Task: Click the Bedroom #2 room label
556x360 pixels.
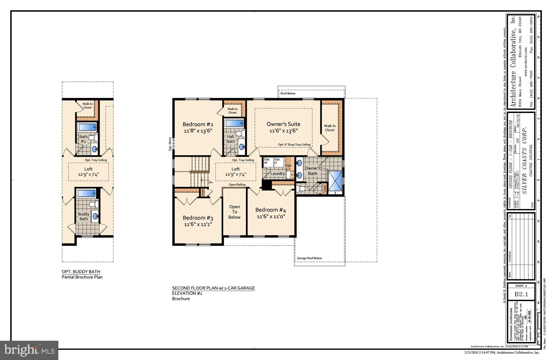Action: (x=198, y=124)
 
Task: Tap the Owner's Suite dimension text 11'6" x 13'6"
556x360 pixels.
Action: (x=283, y=131)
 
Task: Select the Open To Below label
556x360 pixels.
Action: (x=234, y=212)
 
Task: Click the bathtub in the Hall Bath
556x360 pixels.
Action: (x=234, y=123)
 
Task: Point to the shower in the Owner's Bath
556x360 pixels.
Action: (x=336, y=181)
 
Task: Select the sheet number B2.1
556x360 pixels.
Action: (x=521, y=294)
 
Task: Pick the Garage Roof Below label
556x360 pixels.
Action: (x=309, y=258)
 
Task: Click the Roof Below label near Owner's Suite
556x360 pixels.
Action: (x=288, y=93)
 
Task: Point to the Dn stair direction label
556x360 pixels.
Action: (x=210, y=182)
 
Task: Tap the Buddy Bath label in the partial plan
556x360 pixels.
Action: (x=84, y=217)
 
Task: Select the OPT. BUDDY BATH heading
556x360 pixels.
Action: (x=81, y=272)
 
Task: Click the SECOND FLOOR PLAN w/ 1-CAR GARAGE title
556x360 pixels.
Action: (x=213, y=288)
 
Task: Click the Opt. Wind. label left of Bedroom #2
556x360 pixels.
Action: (x=170, y=144)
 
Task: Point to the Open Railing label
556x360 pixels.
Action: (x=237, y=185)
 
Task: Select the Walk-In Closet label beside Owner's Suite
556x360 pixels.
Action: (x=330, y=128)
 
